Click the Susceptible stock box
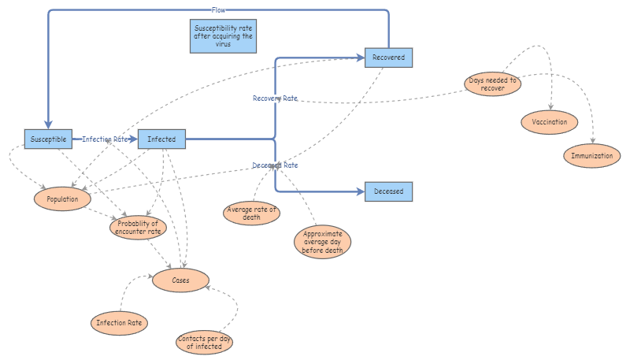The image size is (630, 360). (x=48, y=139)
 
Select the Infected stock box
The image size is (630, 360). (x=161, y=139)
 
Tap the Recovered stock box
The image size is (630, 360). (x=388, y=58)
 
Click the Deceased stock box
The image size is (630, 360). (x=388, y=191)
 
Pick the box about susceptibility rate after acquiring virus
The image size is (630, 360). (x=224, y=36)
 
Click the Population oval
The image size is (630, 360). (x=62, y=199)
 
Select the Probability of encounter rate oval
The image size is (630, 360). (x=138, y=227)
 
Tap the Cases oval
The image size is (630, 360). (x=181, y=280)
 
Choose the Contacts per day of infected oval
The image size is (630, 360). (x=204, y=342)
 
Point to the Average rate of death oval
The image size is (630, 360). (x=252, y=213)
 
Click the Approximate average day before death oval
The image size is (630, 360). (x=322, y=242)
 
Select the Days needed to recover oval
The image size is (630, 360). (x=492, y=84)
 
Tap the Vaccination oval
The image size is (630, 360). (x=549, y=123)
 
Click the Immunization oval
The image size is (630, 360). (x=592, y=156)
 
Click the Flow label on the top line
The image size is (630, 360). (x=220, y=10)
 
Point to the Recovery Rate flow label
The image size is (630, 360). (x=275, y=98)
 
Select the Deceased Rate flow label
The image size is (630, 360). (x=275, y=165)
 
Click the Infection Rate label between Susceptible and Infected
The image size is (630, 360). (x=106, y=139)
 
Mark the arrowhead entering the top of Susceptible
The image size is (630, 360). (x=48, y=124)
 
